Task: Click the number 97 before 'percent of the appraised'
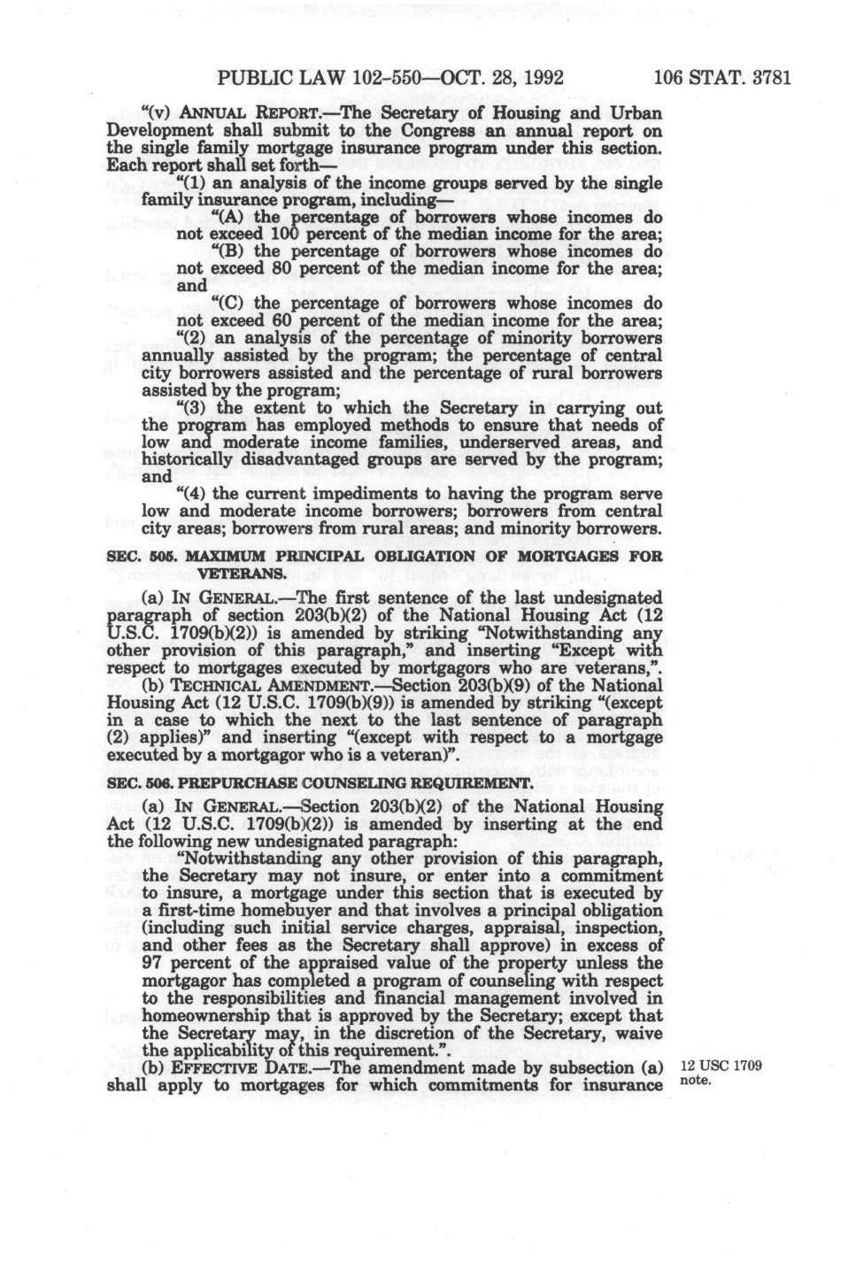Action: [x=155, y=963]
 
